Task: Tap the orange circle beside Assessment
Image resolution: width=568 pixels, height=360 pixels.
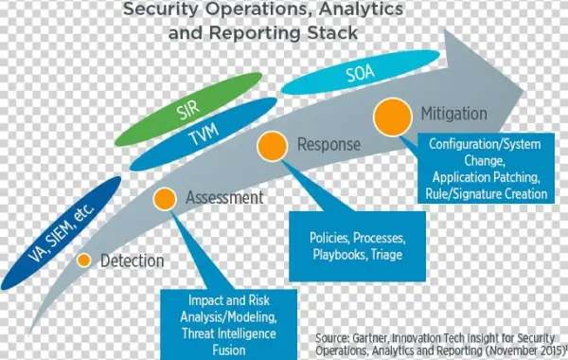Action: (x=166, y=199)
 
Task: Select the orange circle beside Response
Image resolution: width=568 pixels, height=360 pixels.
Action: (x=273, y=146)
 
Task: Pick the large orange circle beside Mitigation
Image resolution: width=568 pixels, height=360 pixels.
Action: (x=392, y=117)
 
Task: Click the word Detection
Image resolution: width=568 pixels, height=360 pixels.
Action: (x=132, y=261)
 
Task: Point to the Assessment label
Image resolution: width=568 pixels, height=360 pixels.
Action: (x=224, y=198)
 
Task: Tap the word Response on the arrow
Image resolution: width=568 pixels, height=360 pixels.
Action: (x=328, y=145)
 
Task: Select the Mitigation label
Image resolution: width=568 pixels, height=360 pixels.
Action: (x=454, y=114)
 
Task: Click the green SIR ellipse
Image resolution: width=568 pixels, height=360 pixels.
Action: (x=186, y=113)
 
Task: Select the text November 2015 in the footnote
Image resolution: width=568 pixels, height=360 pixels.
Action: (x=524, y=350)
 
